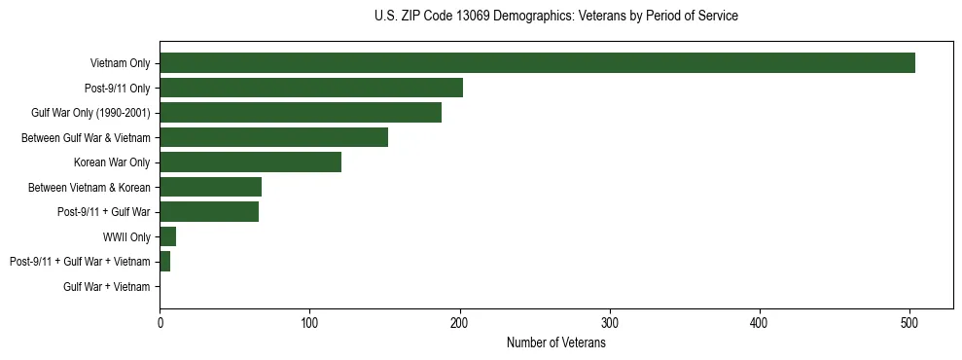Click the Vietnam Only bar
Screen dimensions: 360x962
(x=537, y=62)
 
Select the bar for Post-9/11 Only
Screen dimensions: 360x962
(x=311, y=88)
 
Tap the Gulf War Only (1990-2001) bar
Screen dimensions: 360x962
(x=301, y=112)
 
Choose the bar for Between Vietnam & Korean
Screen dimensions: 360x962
(x=211, y=187)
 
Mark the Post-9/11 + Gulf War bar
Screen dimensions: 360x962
(x=209, y=212)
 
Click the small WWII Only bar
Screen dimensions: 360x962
(x=168, y=236)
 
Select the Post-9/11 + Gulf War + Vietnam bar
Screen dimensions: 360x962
(x=165, y=262)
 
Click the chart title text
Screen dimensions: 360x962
(x=555, y=17)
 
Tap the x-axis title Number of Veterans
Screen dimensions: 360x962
(x=555, y=342)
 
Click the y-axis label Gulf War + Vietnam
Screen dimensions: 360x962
(x=107, y=287)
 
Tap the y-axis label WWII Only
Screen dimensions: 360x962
(x=126, y=236)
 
